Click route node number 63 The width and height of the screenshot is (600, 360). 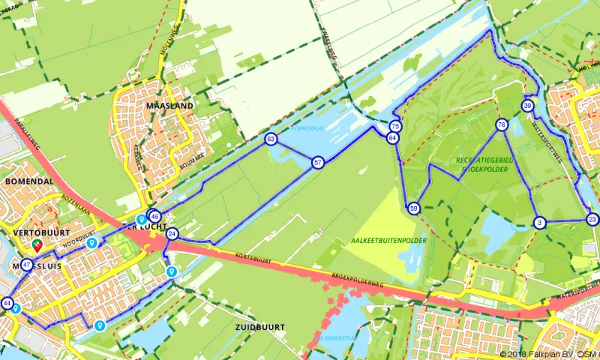coord(270,139)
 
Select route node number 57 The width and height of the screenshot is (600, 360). coord(318,162)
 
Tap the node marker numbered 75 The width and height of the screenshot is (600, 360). coord(395,127)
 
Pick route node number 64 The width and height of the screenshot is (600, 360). coord(392,138)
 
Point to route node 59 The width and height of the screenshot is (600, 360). coord(413,208)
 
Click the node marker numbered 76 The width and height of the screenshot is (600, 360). coord(502,124)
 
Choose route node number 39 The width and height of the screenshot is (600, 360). coord(528,106)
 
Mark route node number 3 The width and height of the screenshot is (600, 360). coord(539,222)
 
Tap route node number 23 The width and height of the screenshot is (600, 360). coord(592,219)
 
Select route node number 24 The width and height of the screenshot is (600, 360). coord(172,234)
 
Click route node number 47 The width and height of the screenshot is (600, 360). coord(27,264)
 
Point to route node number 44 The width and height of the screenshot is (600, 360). coord(7,303)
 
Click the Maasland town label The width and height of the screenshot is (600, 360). coord(169,106)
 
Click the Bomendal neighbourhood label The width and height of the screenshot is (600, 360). coord(28,181)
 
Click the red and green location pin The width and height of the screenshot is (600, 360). coord(37,245)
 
